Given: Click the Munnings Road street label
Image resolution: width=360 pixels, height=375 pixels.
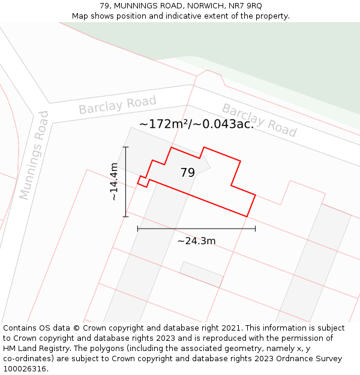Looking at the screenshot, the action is [x=33, y=155].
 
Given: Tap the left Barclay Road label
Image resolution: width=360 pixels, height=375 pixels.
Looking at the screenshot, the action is [x=117, y=105].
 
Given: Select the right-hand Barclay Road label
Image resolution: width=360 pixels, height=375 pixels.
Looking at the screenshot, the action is [x=259, y=120].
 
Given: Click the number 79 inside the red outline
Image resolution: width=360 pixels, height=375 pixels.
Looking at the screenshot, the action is [x=187, y=173].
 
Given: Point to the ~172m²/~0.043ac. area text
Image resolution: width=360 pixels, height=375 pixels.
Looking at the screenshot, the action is [x=196, y=124].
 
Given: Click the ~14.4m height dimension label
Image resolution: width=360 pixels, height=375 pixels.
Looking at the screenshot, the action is [x=114, y=181].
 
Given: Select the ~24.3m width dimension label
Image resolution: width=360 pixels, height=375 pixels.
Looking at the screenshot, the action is [x=196, y=241].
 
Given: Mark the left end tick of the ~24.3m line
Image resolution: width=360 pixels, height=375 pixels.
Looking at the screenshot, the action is [x=137, y=229].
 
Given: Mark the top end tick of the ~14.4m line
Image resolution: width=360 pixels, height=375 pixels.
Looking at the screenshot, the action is [x=125, y=146].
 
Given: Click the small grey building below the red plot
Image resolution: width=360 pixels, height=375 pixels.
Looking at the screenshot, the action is [x=202, y=274].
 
